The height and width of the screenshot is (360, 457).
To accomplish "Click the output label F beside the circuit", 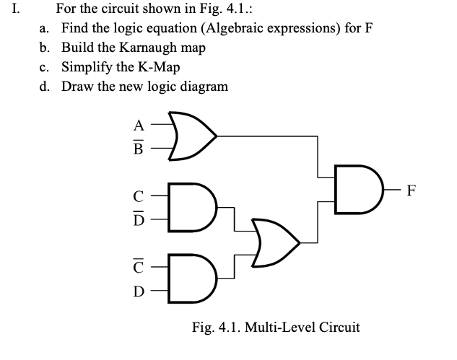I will pyautogui.click(x=412, y=190).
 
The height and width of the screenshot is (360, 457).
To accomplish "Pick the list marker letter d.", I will pyautogui.click(x=44, y=87).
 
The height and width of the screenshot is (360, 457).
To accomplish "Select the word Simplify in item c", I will pyautogui.click(x=84, y=67).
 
